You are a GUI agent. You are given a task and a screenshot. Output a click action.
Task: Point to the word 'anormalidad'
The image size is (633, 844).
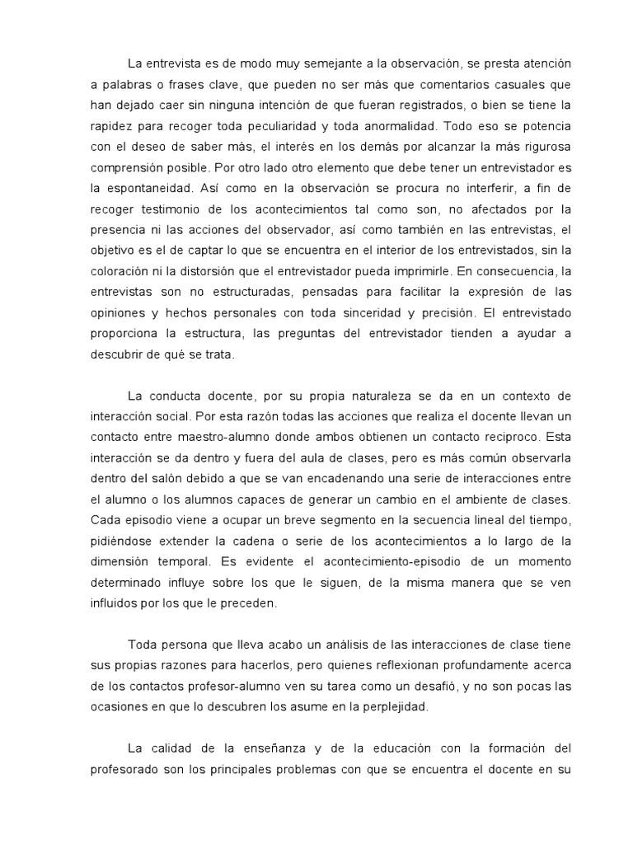[398, 127]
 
